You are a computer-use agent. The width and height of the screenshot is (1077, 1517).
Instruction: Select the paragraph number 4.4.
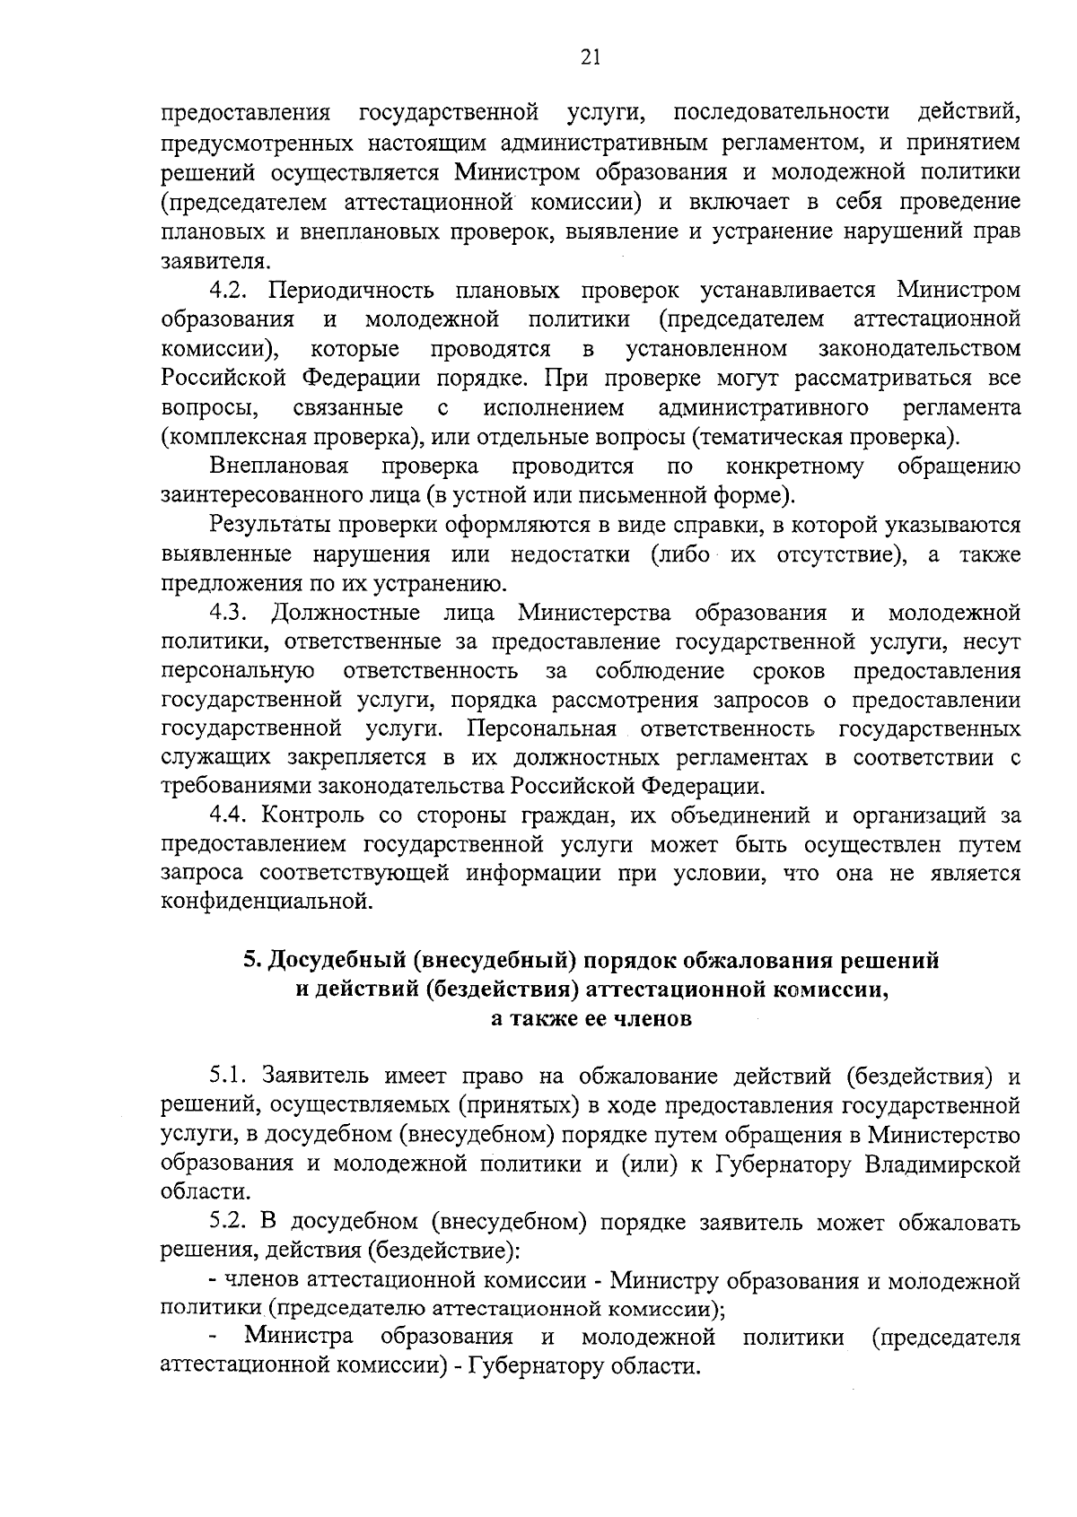(x=233, y=816)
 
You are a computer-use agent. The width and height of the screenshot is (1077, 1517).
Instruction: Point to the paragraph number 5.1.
(x=233, y=1076)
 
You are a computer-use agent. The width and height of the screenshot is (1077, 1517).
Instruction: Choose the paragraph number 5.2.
(x=233, y=1222)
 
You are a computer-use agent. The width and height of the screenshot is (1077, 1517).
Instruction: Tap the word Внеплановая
(x=278, y=466)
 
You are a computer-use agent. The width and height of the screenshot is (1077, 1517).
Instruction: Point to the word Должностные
(x=346, y=614)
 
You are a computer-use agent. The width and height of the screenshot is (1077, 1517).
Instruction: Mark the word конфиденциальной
(x=266, y=901)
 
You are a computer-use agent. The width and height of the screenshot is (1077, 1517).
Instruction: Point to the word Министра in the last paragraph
(x=299, y=1338)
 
